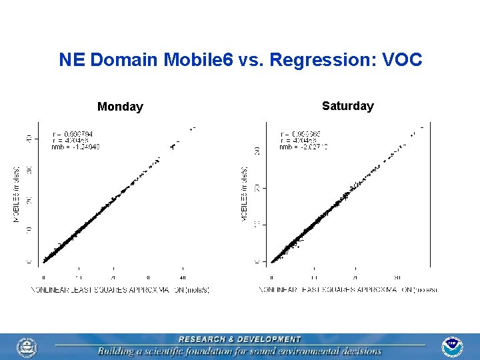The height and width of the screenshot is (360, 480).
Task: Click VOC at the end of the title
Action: [403, 60]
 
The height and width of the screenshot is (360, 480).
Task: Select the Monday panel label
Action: [120, 107]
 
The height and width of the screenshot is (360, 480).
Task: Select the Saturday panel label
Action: [347, 106]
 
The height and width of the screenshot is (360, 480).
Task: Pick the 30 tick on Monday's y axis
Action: [28, 169]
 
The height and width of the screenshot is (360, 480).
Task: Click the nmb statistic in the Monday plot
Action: [75, 147]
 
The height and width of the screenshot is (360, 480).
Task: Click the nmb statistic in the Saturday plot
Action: [304, 147]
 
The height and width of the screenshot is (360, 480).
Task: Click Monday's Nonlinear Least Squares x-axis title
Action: [120, 290]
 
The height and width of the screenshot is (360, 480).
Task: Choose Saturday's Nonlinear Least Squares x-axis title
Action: [348, 290]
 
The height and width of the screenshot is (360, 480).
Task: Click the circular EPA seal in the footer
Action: [27, 347]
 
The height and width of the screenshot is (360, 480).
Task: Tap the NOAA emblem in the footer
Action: [452, 347]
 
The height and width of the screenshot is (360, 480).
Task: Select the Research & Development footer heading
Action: [239, 339]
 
